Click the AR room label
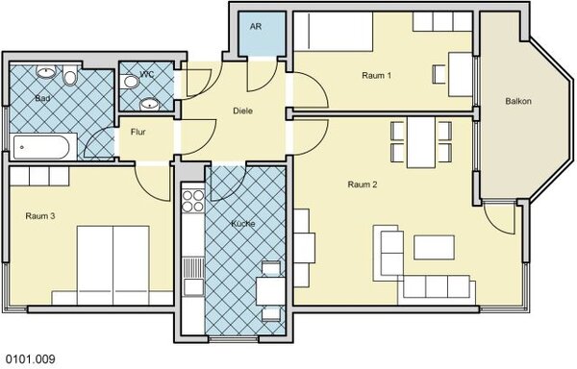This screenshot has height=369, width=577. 256,27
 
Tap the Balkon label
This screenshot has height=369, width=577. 518,101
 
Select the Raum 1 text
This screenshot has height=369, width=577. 376,75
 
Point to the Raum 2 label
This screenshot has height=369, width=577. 363,184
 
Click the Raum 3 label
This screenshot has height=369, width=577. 40,216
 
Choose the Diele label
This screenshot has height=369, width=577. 243,111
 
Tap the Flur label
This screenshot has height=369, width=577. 138,132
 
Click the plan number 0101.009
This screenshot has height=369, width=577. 31,358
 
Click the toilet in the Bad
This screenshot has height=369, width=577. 69,75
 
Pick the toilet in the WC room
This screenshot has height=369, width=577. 129,82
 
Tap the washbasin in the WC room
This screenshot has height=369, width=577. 149,105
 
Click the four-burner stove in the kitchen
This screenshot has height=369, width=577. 193,201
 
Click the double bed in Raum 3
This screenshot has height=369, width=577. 113,265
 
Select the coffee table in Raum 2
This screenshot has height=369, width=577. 435,247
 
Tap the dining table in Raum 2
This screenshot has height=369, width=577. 421,142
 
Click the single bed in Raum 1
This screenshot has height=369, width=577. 334,32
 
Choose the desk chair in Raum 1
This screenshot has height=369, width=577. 439,74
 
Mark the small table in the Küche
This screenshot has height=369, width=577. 270,291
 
